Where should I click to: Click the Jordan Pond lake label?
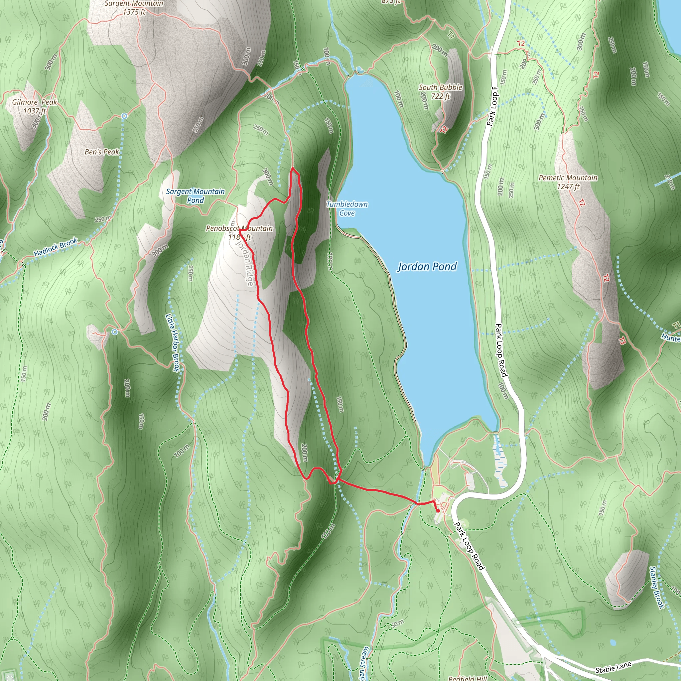click(427, 266)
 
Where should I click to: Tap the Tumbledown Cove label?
click(347, 208)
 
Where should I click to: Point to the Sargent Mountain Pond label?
click(195, 196)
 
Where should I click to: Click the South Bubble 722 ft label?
click(440, 91)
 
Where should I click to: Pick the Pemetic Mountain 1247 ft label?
click(568, 182)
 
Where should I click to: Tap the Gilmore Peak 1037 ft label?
click(35, 106)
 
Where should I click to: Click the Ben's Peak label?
click(102, 152)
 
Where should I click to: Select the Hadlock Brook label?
click(55, 247)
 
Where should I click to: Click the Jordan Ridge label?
click(245, 263)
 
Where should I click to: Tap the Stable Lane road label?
click(613, 667)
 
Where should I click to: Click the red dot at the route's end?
click(438, 511)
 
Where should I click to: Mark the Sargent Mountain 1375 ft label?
click(134, 8)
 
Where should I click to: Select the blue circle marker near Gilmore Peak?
click(124, 116)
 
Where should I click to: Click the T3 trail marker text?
click(622, 341)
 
